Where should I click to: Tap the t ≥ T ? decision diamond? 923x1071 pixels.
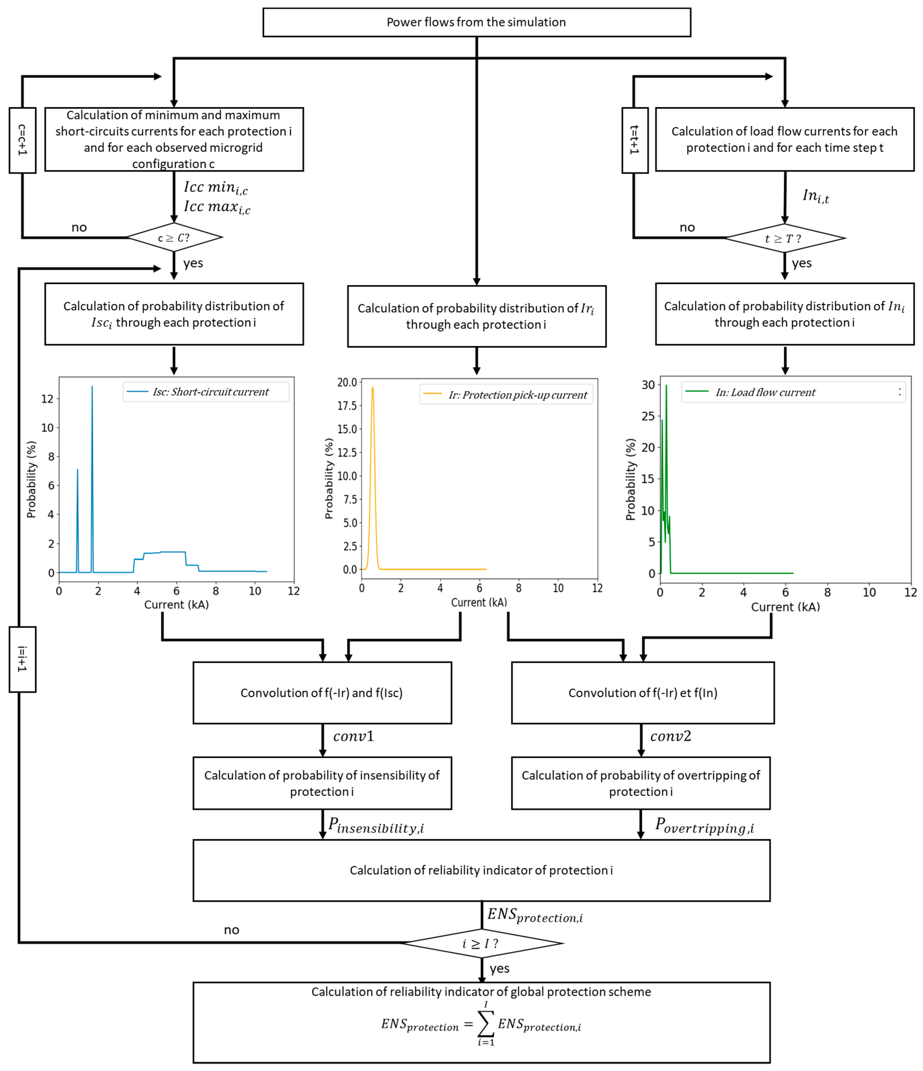784,238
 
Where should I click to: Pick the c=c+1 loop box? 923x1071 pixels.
22,140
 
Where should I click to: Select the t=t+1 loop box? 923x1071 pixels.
635,140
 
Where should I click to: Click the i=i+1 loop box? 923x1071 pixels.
22,659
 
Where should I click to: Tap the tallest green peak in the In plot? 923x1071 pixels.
666,386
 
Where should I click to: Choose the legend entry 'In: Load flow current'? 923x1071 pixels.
765,392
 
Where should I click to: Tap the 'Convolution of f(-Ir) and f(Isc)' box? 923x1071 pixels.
322,693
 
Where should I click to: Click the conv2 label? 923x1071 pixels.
670,736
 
